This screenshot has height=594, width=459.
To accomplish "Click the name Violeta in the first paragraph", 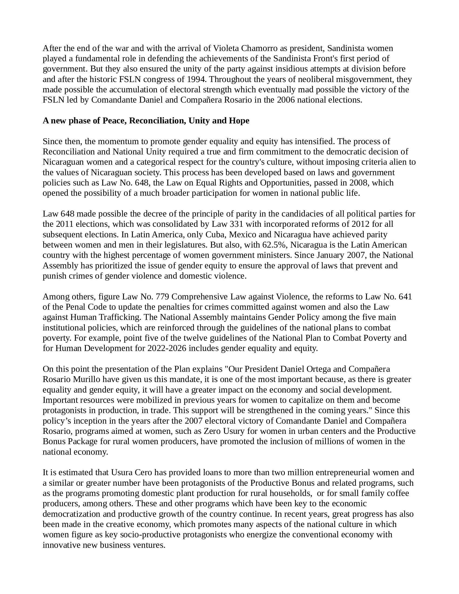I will tap(226, 48).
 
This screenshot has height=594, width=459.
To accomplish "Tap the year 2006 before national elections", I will tap(286, 100).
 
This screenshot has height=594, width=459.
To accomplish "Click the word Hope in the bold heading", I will tap(239, 121).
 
